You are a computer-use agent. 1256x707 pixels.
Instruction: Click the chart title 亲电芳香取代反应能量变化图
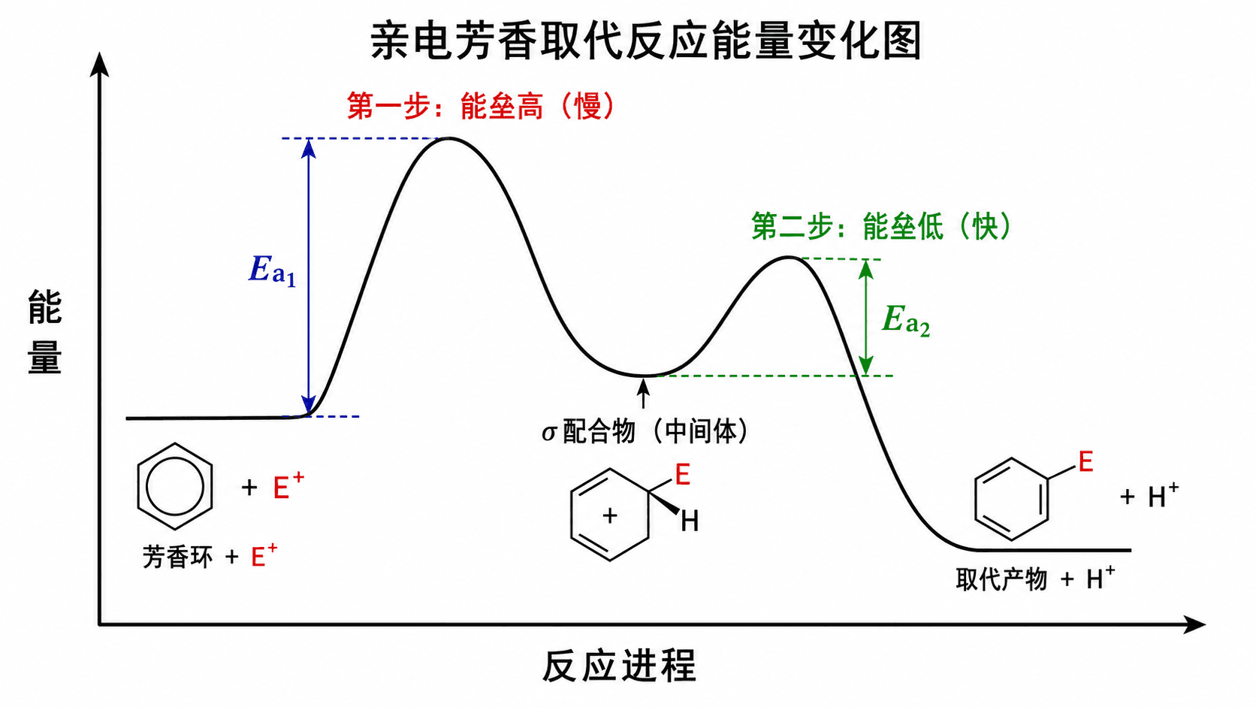coord(646,41)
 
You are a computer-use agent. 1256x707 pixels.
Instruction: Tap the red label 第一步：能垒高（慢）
coord(481,106)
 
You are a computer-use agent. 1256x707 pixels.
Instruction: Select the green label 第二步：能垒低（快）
coord(881,226)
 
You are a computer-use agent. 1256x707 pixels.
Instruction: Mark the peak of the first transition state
coord(448,138)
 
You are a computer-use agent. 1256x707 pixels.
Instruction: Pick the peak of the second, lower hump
coord(788,258)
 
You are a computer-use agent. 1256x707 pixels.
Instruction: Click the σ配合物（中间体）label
coord(645,432)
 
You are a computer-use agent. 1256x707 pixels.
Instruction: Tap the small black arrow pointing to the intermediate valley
coord(644,393)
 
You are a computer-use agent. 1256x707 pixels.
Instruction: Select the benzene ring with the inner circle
coord(175,486)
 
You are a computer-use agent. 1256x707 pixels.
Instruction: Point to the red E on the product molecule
coord(1086,462)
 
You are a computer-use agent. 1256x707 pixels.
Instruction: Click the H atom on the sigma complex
coord(690,521)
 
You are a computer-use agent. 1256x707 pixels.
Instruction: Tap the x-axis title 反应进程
coord(620,666)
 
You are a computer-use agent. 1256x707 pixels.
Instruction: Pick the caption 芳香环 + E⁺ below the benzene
coord(210,557)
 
